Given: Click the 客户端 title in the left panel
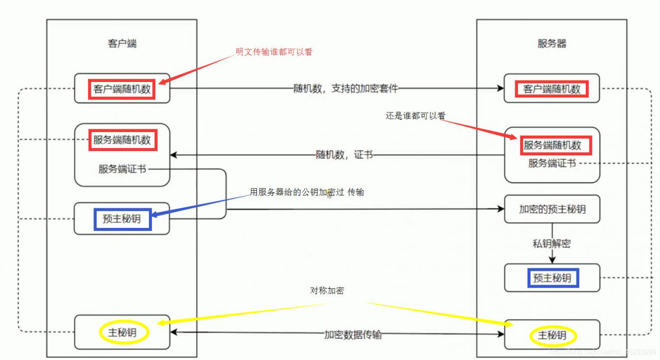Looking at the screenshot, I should click(122, 43).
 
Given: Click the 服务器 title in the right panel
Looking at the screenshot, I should click(552, 43).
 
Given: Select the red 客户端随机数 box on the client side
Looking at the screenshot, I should click(122, 89).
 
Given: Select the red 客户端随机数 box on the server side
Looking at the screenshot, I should click(552, 89).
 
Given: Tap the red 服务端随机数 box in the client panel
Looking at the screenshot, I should click(122, 140).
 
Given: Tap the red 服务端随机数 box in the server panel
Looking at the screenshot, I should click(552, 145).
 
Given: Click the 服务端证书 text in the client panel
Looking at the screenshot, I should click(122, 169).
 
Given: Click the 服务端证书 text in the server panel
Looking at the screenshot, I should click(552, 163).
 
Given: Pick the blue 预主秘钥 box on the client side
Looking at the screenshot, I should click(122, 219).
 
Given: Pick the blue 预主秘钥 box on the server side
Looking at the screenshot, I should click(552, 278).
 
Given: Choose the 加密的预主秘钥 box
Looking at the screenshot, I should click(552, 209).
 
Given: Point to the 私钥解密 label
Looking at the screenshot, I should click(552, 243).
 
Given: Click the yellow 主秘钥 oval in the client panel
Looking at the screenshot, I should click(122, 333).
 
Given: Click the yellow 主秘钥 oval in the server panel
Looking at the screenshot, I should click(552, 336).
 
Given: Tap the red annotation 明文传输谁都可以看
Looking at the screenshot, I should click(274, 52).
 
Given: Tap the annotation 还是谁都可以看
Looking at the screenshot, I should click(415, 116).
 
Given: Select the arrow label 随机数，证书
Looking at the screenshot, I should click(344, 154).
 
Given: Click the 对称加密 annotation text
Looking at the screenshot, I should click(327, 290).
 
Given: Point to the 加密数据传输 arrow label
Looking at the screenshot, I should click(353, 335).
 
